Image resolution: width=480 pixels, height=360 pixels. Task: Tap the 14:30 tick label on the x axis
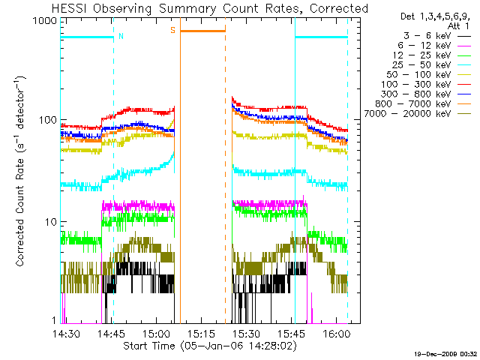click(67, 333)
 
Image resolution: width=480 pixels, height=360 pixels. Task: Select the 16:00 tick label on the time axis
click(335, 333)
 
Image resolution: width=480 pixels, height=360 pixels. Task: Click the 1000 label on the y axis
click(46, 22)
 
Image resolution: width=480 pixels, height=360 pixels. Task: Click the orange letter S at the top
click(172, 31)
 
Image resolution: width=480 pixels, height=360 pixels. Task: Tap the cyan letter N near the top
click(121, 35)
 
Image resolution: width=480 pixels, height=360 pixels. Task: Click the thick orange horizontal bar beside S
click(202, 31)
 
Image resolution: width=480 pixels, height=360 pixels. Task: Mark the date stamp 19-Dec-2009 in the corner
click(447, 353)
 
